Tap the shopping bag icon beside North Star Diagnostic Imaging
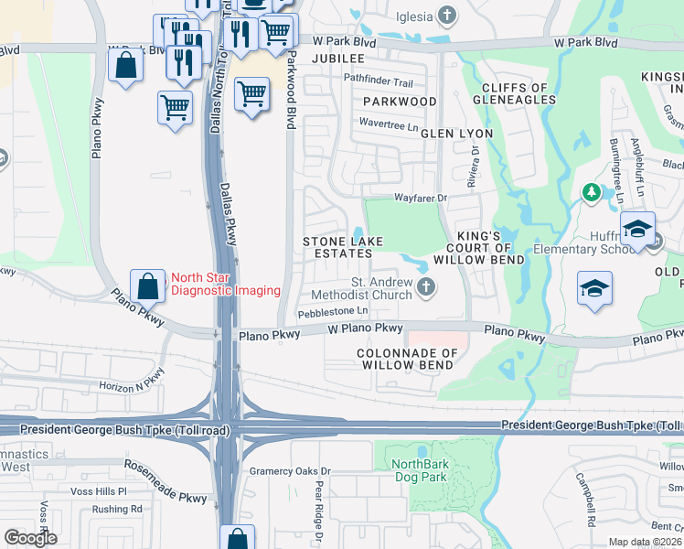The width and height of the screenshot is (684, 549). pos(147,285)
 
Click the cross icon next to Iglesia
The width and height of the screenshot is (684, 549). pos(446,15)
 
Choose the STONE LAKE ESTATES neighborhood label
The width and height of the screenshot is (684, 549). pos(343,247)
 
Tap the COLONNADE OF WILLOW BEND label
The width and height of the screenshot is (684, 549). pos(405,359)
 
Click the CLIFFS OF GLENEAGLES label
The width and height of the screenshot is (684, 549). pos(514,94)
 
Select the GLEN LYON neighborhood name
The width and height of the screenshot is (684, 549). pos(456,134)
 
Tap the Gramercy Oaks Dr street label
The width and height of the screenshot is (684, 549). pos(289,472)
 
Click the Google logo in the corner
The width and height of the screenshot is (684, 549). pos(30,537)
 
